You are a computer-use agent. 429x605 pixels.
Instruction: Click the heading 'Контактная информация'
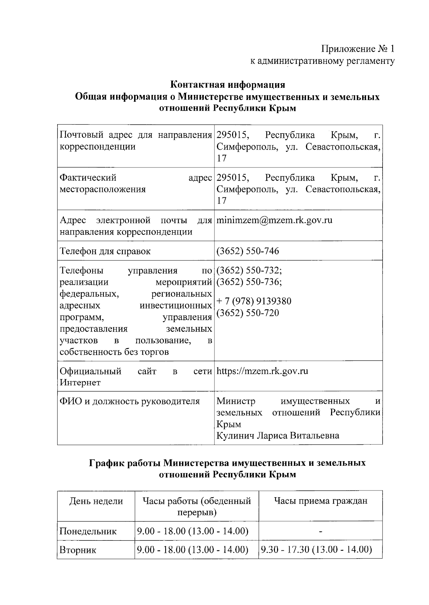(227, 85)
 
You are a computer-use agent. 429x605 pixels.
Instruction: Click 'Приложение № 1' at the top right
(357, 49)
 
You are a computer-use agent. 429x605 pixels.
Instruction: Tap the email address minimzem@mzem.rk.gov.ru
(274, 220)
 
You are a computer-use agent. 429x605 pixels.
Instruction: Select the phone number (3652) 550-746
(248, 251)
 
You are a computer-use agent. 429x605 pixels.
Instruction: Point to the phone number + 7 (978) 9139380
(254, 301)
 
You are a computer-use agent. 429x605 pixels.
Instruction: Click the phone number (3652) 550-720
(248, 313)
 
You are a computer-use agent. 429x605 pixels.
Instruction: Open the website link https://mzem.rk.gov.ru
(262, 371)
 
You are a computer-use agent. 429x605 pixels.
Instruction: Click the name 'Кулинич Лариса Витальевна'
(278, 436)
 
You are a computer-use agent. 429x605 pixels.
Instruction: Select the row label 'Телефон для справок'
(105, 251)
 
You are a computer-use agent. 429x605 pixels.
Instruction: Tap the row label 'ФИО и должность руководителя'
(129, 401)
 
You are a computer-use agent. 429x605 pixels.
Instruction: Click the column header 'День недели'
(96, 501)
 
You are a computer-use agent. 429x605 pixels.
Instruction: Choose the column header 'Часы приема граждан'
(320, 501)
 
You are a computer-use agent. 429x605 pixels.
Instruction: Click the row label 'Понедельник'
(88, 531)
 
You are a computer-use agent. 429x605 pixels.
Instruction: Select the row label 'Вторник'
(78, 550)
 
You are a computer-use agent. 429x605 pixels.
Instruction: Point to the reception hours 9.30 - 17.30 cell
(316, 550)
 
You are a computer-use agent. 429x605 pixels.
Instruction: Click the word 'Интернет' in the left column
(80, 383)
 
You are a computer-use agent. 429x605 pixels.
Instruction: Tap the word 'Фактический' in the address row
(88, 178)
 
